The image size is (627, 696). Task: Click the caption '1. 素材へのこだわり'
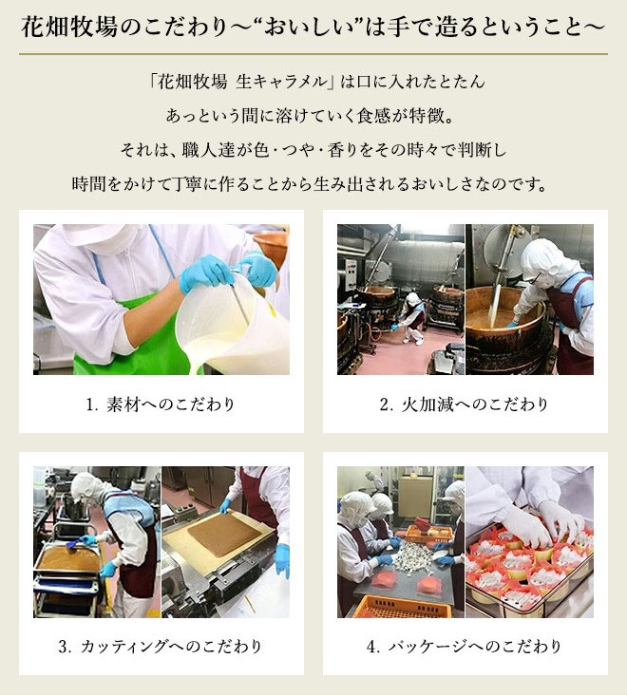[x=160, y=404]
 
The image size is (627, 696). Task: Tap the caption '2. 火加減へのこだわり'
[x=465, y=404]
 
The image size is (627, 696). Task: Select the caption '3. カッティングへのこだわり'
[x=160, y=647]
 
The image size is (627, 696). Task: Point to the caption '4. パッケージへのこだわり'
[x=465, y=647]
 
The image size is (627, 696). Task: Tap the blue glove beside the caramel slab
[x=282, y=560]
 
